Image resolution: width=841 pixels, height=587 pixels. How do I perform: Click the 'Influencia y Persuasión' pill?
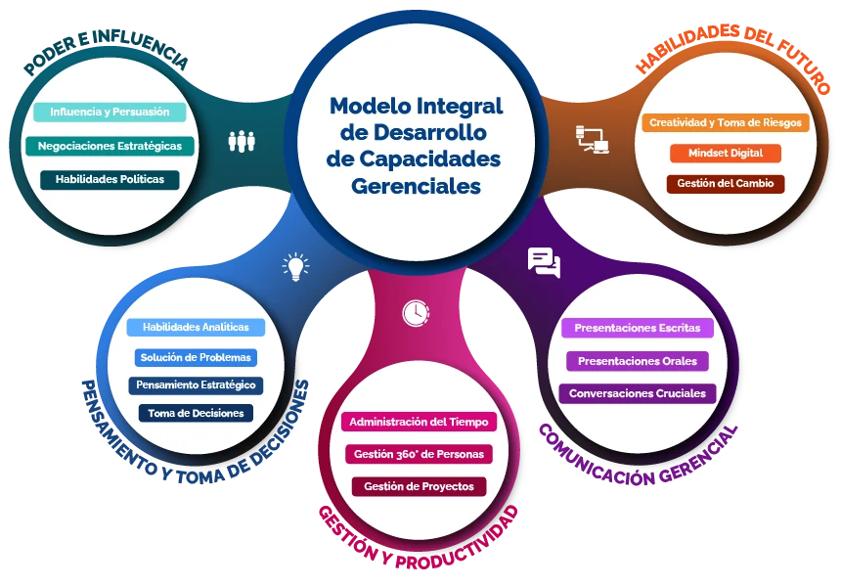[110, 112]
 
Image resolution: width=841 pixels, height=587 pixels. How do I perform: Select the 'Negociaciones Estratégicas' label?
[110, 146]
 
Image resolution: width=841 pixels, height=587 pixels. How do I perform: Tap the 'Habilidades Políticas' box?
[110, 179]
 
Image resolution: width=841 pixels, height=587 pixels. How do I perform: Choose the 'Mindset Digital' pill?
[726, 153]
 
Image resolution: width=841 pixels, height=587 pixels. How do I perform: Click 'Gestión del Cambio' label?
[726, 184]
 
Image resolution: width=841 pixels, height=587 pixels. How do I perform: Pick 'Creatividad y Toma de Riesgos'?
[726, 122]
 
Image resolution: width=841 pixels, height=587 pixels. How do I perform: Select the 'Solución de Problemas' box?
[196, 357]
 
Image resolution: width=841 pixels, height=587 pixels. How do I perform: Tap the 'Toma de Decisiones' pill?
[196, 413]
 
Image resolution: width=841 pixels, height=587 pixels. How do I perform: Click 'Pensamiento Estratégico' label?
[196, 385]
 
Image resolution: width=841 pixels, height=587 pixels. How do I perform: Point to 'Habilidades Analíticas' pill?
[196, 328]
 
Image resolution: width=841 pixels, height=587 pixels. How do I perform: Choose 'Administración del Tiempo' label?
[419, 422]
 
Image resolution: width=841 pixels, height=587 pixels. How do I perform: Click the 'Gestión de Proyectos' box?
[419, 486]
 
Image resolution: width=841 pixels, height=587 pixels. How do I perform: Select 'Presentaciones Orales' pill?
[638, 361]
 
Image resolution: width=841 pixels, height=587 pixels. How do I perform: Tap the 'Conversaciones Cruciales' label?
[638, 393]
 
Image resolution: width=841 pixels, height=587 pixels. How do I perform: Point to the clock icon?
[416, 313]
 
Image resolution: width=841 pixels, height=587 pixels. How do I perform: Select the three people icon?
[242, 142]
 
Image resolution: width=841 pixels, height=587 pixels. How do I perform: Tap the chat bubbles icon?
[544, 262]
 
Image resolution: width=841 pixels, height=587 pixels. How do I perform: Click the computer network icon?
[593, 140]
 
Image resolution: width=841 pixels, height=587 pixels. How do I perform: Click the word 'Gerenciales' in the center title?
[416, 186]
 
